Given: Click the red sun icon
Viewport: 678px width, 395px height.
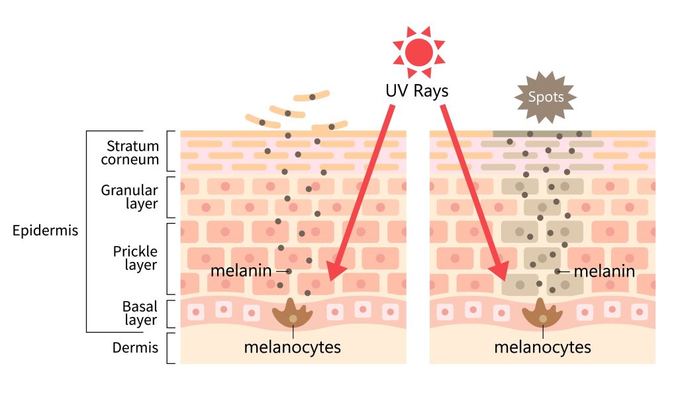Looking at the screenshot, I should pos(418,51).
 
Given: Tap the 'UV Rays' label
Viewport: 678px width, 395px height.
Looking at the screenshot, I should pos(418,91).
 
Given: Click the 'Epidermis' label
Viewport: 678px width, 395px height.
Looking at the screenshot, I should pos(45,231).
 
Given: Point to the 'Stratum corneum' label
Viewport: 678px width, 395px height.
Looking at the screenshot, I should pos(132,153).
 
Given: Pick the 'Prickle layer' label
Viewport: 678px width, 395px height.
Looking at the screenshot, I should pos(134,258).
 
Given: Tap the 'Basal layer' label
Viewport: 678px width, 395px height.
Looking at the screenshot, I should pos(139,314).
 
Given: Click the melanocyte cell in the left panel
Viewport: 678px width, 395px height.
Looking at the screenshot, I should pos(293,314).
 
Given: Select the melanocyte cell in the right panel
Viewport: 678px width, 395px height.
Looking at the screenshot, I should pos(542,314).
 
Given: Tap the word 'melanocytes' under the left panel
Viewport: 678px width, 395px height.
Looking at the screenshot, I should pos(293,347).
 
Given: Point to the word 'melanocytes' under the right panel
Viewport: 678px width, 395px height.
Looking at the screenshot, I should pos(542,347).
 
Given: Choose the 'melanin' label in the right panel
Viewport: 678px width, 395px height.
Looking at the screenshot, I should pos(604,271).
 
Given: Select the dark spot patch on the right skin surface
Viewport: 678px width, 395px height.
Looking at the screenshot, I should pos(542,134).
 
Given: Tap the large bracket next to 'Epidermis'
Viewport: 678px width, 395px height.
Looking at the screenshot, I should pos(87,231).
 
